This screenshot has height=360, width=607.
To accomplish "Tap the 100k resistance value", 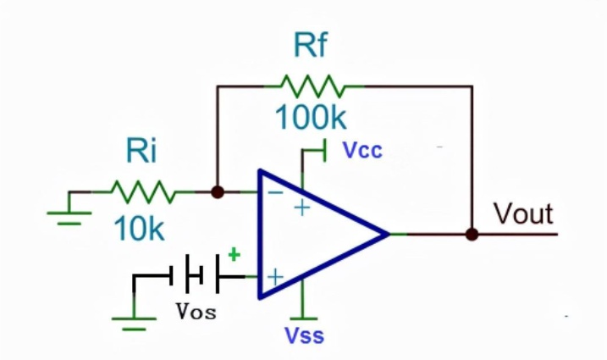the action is (x=311, y=117).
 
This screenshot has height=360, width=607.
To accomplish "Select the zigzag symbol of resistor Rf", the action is (x=312, y=86).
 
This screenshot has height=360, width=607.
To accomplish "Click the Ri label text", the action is (x=141, y=151).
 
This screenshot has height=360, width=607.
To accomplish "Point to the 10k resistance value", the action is (x=139, y=228).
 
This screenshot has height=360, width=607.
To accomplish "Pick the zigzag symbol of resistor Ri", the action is (x=143, y=191).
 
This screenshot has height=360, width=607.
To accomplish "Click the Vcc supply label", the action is (x=362, y=150).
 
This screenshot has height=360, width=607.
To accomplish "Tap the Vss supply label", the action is (x=304, y=335).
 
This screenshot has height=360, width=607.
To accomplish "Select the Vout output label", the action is (x=523, y=213).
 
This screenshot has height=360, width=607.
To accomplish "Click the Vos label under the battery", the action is (x=196, y=311).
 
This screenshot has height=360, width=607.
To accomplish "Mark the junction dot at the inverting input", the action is (x=218, y=191).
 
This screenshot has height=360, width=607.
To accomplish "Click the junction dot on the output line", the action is (x=472, y=235).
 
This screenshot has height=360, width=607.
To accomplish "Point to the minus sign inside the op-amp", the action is (x=276, y=192).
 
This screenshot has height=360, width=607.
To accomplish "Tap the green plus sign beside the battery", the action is (x=235, y=255).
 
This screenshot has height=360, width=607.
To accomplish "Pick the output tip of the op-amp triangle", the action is (x=389, y=234).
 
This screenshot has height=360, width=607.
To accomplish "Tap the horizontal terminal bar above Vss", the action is (x=303, y=318).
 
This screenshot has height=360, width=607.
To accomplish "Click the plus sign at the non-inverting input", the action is (x=275, y=278).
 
